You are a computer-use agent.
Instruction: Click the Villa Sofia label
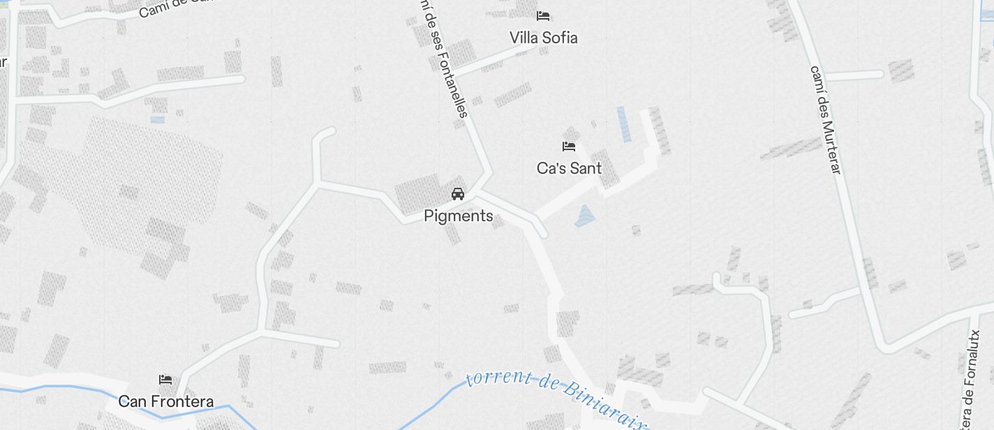tap(543, 38)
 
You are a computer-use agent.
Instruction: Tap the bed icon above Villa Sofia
tap(543, 15)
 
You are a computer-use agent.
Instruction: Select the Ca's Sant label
tap(569, 168)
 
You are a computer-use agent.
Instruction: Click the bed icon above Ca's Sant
tap(569, 147)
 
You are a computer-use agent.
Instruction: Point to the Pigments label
tap(458, 216)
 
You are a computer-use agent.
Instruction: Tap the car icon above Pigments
tap(458, 194)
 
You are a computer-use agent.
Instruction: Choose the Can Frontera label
tap(165, 401)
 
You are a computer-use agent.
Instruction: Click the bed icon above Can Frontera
tap(165, 380)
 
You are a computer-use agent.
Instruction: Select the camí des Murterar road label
tap(826, 119)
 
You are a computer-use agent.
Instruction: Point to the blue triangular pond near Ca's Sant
tap(584, 217)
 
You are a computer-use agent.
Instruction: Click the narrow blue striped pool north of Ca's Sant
tap(623, 124)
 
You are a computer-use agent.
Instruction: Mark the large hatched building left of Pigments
tap(417, 193)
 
